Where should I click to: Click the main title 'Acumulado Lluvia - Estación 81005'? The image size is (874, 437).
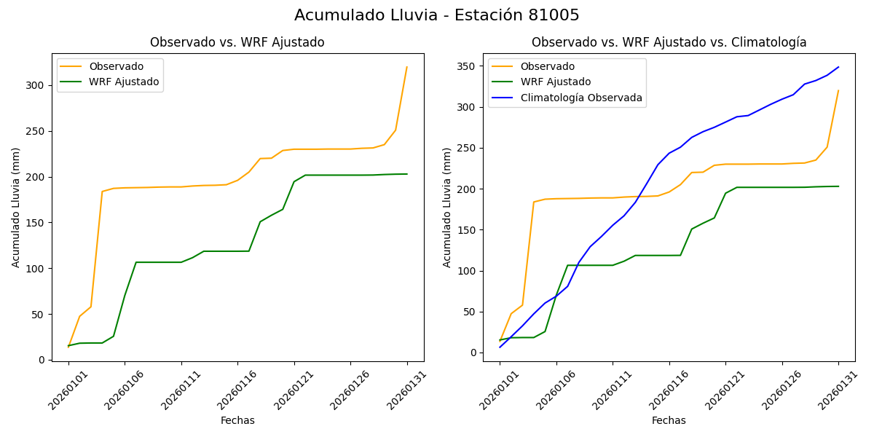click(x=437, y=15)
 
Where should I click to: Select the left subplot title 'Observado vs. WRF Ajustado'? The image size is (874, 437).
click(x=237, y=42)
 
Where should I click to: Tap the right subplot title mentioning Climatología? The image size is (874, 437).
click(x=669, y=42)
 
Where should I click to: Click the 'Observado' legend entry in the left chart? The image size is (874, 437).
click(x=116, y=67)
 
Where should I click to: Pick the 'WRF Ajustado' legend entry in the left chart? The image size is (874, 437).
click(x=124, y=82)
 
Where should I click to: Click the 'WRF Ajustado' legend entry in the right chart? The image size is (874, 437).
click(x=555, y=82)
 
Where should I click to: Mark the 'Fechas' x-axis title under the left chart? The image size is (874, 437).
click(x=237, y=420)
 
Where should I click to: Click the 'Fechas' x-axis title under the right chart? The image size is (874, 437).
click(x=669, y=420)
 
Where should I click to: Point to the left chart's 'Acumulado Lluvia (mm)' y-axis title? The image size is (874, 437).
click(x=16, y=207)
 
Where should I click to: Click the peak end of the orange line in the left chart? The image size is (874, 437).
click(x=406, y=68)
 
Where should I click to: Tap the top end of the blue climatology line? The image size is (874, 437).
click(x=838, y=67)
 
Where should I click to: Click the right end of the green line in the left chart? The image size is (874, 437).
click(x=406, y=174)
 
